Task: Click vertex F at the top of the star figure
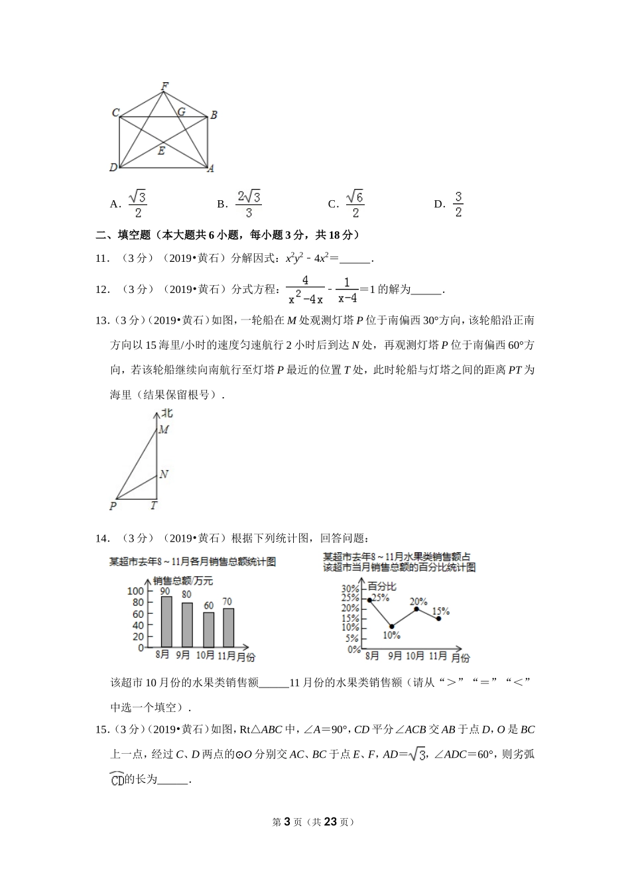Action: [x=164, y=86]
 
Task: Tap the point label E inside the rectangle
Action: [x=161, y=151]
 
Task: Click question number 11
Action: [x=102, y=259]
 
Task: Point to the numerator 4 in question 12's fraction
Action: [x=305, y=280]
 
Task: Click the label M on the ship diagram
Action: [x=163, y=430]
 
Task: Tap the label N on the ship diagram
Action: [x=164, y=475]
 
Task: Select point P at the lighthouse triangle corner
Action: [x=113, y=506]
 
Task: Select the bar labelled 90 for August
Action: [x=166, y=621]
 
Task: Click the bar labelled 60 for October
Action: [x=208, y=629]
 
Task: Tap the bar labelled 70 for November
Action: [x=228, y=627]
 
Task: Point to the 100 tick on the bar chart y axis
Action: [x=136, y=591]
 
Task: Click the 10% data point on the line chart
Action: [x=392, y=626]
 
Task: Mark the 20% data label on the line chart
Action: [x=418, y=602]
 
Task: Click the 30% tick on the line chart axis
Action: [x=350, y=589]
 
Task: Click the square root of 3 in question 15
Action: [x=417, y=754]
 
